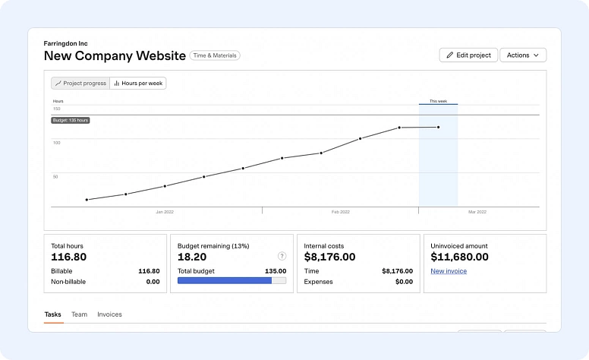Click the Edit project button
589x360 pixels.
[468, 55]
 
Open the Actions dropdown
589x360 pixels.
[522, 55]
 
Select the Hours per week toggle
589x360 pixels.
[138, 84]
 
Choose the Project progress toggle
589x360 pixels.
[80, 84]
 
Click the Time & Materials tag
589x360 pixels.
[215, 55]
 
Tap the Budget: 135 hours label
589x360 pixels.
[71, 120]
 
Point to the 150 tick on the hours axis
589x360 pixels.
[56, 109]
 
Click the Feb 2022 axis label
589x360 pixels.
[340, 212]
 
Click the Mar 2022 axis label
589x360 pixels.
[477, 212]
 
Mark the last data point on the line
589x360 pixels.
[438, 127]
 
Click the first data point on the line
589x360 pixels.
[87, 200]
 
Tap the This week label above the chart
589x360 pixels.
[438, 101]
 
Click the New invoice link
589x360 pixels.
[449, 271]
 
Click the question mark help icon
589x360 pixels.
[282, 256]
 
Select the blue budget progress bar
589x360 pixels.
[225, 280]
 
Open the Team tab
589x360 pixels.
[79, 314]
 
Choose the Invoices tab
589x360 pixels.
[109, 314]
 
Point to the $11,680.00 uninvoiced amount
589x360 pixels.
[459, 257]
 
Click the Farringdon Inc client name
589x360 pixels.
[66, 43]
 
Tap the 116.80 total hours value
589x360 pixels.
[69, 257]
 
